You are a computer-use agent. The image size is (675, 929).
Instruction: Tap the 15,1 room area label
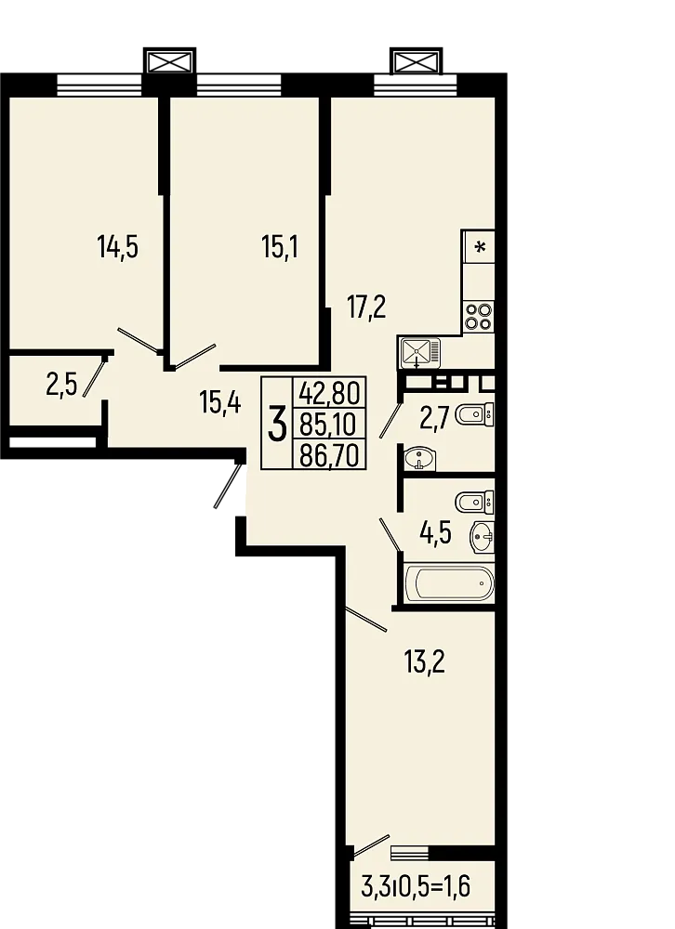coord(280,248)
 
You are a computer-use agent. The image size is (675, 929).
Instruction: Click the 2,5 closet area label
coord(61,384)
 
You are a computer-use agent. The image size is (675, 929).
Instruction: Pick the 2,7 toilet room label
coord(435,418)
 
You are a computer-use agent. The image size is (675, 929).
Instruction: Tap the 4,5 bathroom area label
coord(437,536)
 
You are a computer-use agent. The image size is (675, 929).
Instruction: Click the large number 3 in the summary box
coord(277,425)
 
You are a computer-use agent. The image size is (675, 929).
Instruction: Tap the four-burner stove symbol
coord(479,317)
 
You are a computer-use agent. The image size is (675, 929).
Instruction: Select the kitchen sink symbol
coord(420,353)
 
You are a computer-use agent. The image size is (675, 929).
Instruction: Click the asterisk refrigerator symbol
coord(480,247)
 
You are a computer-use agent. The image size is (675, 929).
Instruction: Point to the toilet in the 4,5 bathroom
coord(476,502)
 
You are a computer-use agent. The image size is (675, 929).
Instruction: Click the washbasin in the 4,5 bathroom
coord(483,535)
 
